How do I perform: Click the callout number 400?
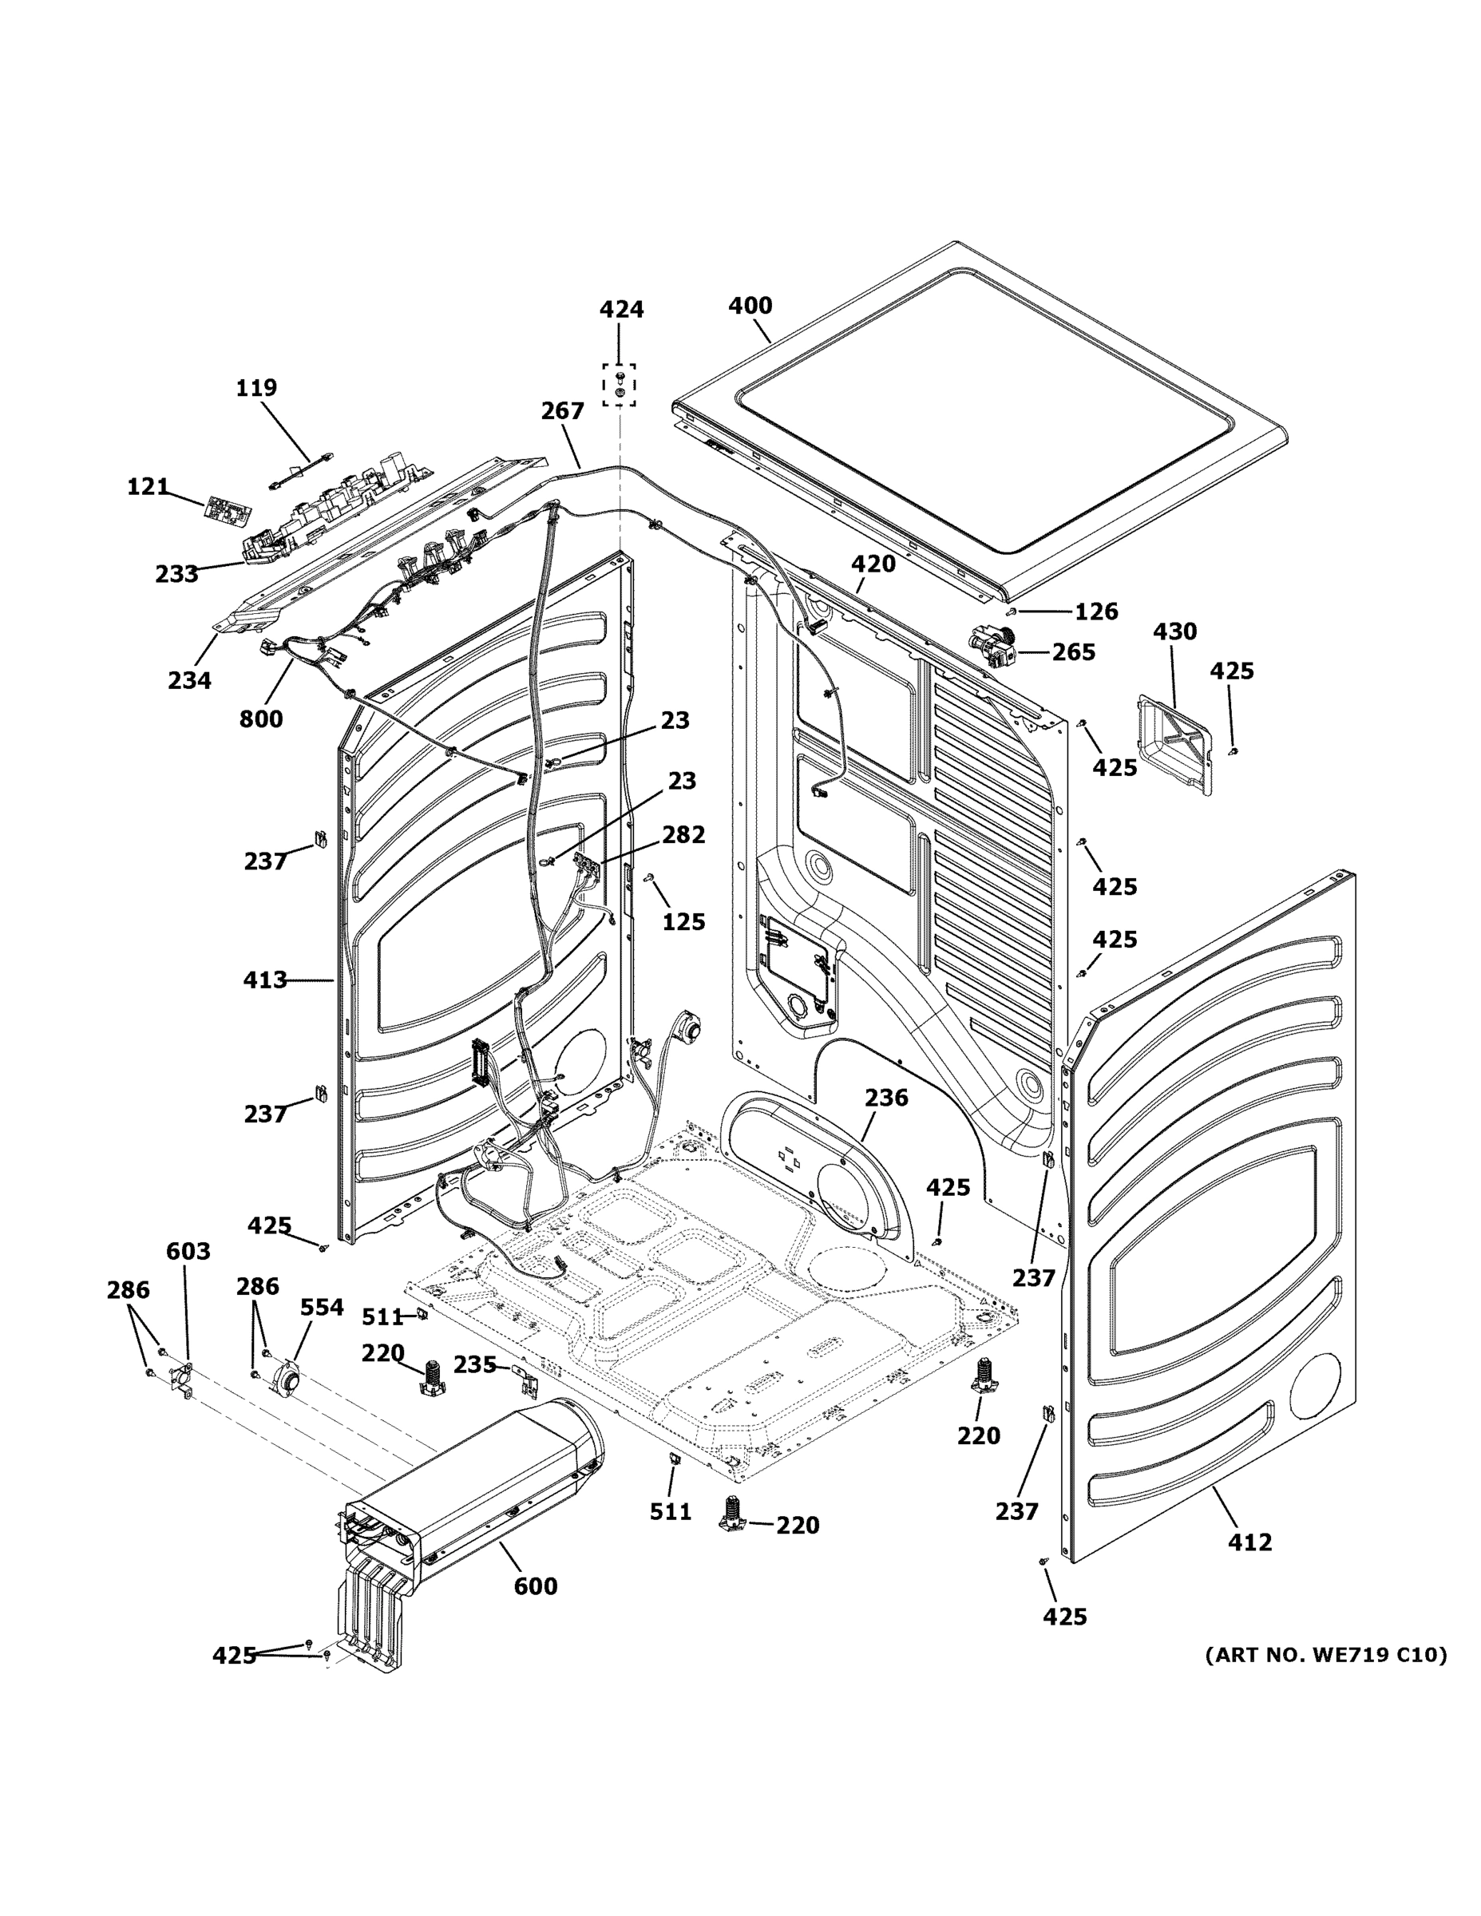(x=750, y=305)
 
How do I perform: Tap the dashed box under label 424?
(x=620, y=385)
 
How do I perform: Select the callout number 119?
(x=256, y=387)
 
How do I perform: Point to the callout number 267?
(x=561, y=410)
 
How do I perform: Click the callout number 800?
(x=260, y=718)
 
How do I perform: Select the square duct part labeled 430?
(x=1177, y=743)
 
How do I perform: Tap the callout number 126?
(x=1096, y=611)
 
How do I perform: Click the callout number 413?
(x=265, y=979)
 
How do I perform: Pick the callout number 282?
(x=683, y=833)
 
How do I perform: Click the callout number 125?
(x=683, y=921)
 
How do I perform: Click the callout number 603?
(x=188, y=1250)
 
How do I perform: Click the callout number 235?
(x=475, y=1364)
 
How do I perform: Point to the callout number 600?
(x=535, y=1585)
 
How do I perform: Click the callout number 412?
(x=1249, y=1542)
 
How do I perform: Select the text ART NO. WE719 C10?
(x=1325, y=1655)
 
